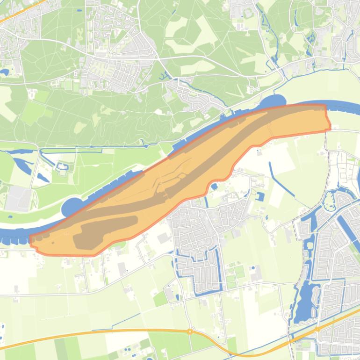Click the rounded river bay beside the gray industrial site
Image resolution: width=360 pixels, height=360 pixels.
tap(69, 207)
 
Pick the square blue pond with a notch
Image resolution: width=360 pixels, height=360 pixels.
tap(260, 196)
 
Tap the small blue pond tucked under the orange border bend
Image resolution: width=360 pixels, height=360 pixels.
tap(214, 187)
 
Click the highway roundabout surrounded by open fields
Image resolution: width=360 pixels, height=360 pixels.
tap(190, 331)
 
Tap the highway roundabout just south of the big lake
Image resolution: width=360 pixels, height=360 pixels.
tap(317, 329)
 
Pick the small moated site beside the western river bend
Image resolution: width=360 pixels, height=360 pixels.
tap(63, 166)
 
